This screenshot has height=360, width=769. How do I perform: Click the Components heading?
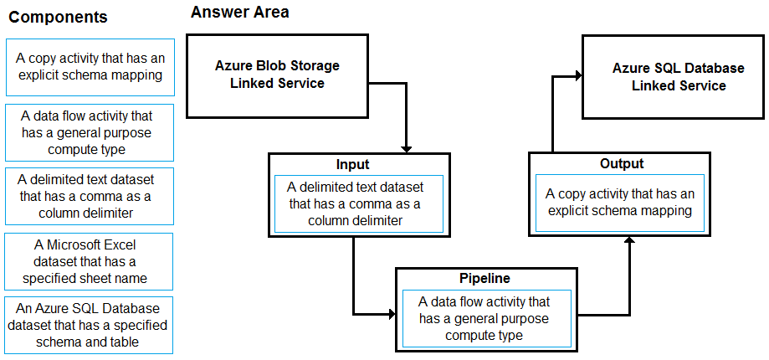tap(59, 18)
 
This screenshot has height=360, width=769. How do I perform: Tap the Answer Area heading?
tap(240, 13)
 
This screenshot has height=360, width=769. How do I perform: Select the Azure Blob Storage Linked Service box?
tap(277, 75)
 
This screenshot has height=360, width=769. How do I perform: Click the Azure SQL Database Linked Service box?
tap(674, 76)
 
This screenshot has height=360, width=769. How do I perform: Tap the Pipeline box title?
tap(484, 278)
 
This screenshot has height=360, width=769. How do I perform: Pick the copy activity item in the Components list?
tap(90, 67)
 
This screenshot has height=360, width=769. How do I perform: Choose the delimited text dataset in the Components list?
tap(90, 196)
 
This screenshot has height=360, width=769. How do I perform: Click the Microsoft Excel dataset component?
tap(89, 261)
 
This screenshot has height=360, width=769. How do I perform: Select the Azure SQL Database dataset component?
tap(89, 325)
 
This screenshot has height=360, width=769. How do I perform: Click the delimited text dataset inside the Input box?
tap(358, 203)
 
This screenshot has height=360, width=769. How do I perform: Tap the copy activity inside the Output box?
tap(620, 203)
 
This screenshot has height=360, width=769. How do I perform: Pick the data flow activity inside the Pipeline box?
tap(486, 318)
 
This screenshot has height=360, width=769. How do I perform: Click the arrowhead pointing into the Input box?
tap(406, 149)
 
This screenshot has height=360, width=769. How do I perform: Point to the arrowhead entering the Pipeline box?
tap(392, 314)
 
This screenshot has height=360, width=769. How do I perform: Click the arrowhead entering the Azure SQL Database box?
tap(578, 76)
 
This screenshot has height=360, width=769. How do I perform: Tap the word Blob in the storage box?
tap(279, 66)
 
